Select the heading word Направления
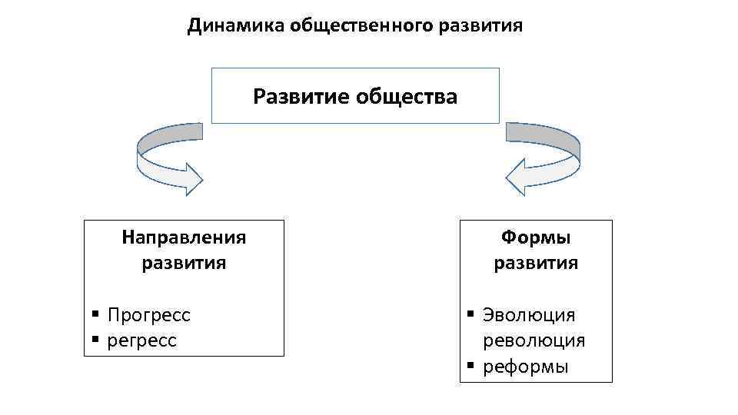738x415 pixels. (x=184, y=237)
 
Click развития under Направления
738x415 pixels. (x=184, y=263)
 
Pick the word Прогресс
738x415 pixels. (x=149, y=315)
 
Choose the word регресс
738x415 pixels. (x=142, y=340)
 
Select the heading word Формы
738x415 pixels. (x=536, y=237)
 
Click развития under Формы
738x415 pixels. (x=536, y=264)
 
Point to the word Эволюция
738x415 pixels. (x=529, y=315)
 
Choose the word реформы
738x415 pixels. (x=526, y=367)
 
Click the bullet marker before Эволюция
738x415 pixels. (x=470, y=313)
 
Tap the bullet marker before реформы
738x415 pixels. (x=470, y=364)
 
